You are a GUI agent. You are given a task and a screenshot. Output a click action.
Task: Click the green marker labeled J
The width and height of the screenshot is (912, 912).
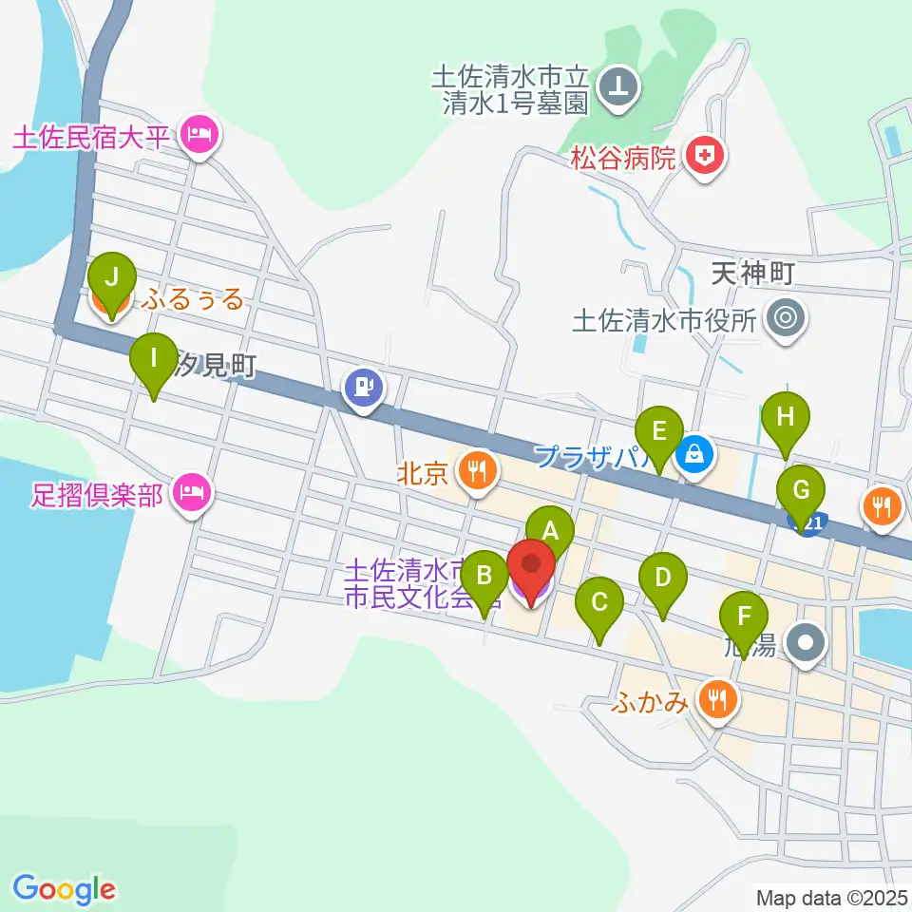coord(112,278)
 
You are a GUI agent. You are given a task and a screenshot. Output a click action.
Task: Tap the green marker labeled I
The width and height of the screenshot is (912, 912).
coord(153,360)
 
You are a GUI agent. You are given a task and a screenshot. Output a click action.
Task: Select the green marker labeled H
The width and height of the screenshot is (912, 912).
coord(785,417)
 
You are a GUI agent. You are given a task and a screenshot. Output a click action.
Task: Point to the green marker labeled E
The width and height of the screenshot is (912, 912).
coord(659,429)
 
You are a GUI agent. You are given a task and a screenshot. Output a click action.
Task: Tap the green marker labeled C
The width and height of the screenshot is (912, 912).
coord(599,602)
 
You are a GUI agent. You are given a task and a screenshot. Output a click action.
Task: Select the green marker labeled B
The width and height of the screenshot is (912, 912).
coord(484,577)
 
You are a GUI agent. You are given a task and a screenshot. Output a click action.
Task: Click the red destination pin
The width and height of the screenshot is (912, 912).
coord(531,566)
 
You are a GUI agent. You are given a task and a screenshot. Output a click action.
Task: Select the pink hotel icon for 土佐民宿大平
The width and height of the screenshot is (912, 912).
coord(198,136)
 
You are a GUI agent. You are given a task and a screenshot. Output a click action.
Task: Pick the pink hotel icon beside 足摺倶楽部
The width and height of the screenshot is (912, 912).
coord(193,491)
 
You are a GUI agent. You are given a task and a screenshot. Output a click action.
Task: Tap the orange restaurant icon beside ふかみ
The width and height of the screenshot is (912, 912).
coord(714,700)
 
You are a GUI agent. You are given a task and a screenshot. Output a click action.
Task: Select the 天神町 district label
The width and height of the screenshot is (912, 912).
coord(751,275)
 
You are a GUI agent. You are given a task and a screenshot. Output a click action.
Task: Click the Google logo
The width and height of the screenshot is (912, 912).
coord(64,889)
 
